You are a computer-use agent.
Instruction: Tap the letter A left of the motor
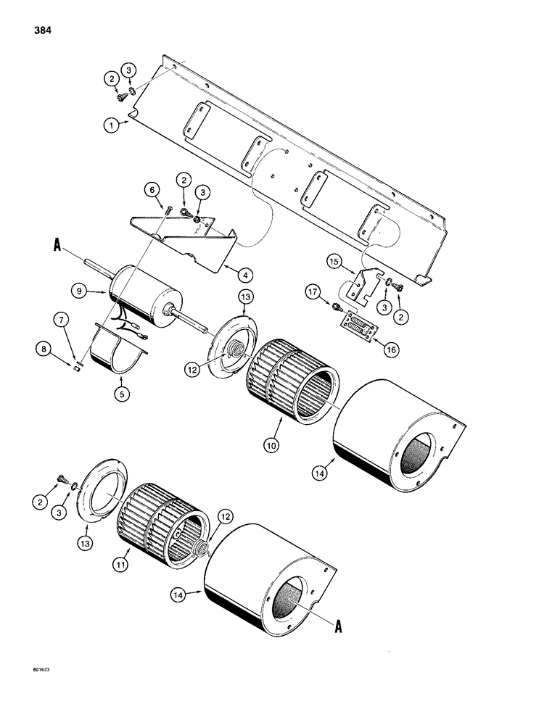57,246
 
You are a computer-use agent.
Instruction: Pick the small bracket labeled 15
360,286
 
